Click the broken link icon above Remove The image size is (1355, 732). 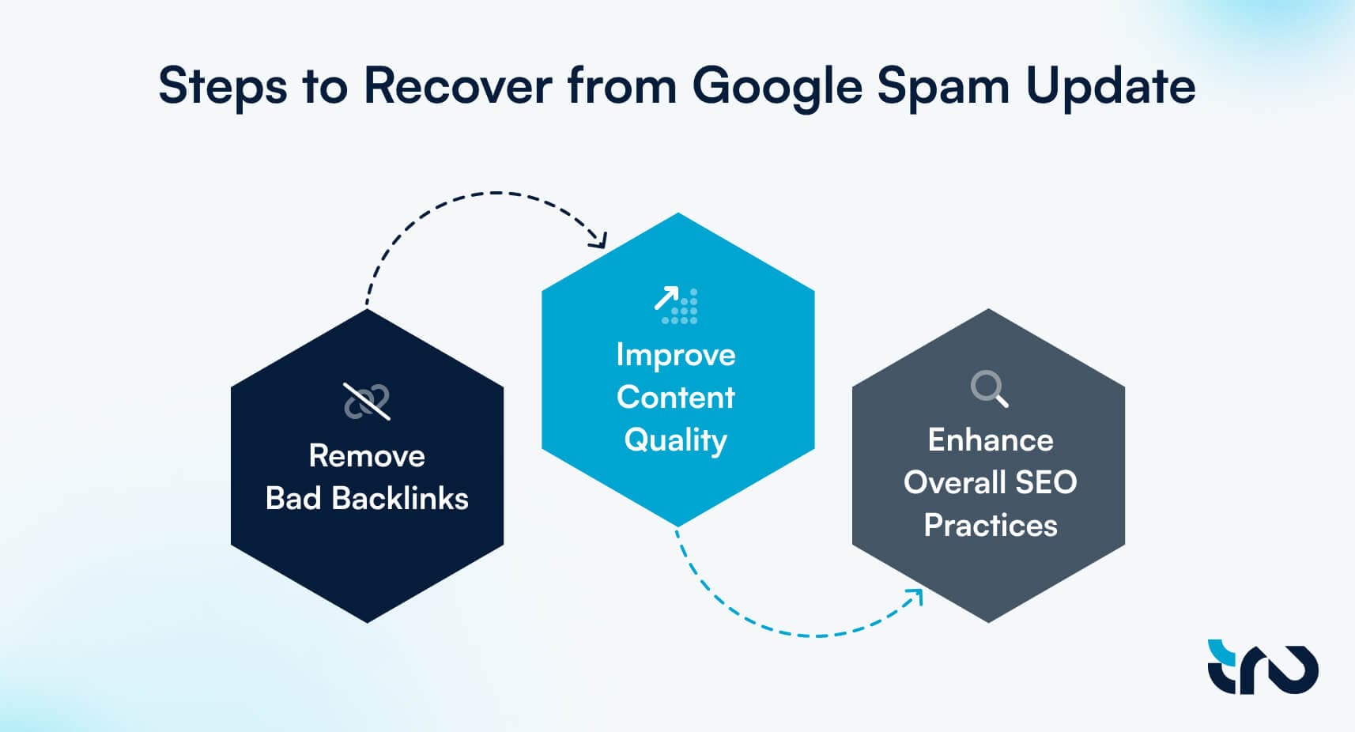[367, 401]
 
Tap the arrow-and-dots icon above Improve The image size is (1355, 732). [676, 305]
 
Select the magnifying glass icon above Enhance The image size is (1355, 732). [989, 388]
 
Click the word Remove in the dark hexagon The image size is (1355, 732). [367, 456]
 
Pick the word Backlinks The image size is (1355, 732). [400, 499]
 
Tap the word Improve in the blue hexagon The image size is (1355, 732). [676, 355]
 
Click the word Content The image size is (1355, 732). [676, 397]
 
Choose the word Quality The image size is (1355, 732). [676, 440]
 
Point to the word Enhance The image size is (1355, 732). [990, 440]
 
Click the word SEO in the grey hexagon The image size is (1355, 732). [1046, 482]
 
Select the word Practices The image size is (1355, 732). [990, 525]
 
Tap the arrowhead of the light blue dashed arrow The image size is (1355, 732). [917, 594]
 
